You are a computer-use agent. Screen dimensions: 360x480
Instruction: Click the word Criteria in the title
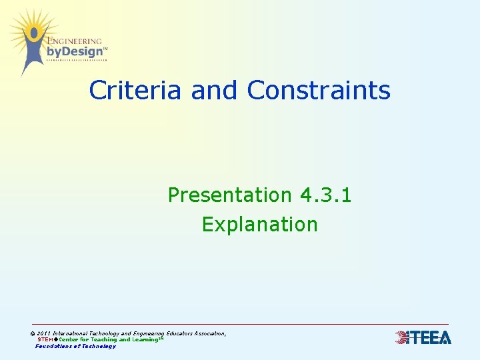pyautogui.click(x=135, y=90)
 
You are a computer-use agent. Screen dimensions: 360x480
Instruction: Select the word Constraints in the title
pyautogui.click(x=319, y=90)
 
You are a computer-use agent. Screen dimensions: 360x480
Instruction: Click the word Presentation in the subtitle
pyautogui.click(x=230, y=195)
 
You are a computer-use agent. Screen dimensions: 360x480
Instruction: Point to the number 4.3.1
pyautogui.click(x=326, y=195)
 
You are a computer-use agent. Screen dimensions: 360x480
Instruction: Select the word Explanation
pyautogui.click(x=260, y=225)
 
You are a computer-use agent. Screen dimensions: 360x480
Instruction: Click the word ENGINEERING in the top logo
pyautogui.click(x=75, y=41)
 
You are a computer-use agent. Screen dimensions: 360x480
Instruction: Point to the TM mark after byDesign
pyautogui.click(x=105, y=48)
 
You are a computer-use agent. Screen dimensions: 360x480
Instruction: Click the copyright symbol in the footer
pyautogui.click(x=33, y=333)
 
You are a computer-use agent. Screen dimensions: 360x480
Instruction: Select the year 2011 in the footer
pyautogui.click(x=44, y=333)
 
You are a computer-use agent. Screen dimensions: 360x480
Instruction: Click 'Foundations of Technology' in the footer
pyautogui.click(x=75, y=346)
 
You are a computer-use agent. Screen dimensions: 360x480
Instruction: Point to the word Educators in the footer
pyautogui.click(x=177, y=333)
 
